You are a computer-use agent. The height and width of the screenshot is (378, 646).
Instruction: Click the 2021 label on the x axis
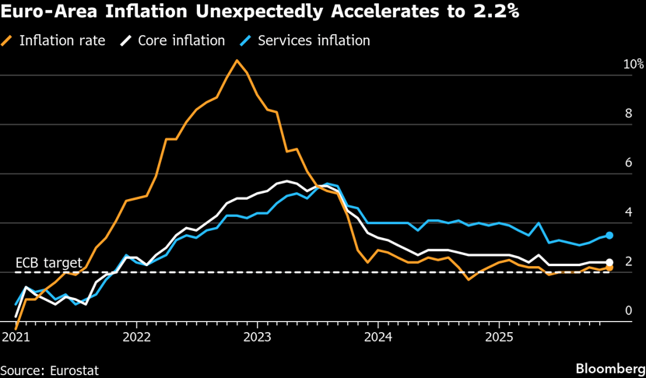click(16, 338)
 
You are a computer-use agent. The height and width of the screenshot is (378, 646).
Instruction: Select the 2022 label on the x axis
click(136, 338)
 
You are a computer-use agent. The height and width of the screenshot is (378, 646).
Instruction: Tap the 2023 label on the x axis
click(257, 338)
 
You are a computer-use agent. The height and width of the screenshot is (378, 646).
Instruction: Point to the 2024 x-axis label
click(377, 338)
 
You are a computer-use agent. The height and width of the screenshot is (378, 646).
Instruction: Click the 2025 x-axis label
click(498, 338)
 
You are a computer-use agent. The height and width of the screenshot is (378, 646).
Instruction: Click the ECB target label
click(47, 262)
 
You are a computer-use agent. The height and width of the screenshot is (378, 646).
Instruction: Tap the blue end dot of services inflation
click(609, 235)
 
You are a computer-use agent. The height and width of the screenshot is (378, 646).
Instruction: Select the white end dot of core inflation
click(609, 263)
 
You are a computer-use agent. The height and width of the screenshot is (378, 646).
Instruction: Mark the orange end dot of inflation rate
click(609, 268)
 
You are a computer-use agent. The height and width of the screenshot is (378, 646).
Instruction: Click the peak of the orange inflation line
click(237, 60)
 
